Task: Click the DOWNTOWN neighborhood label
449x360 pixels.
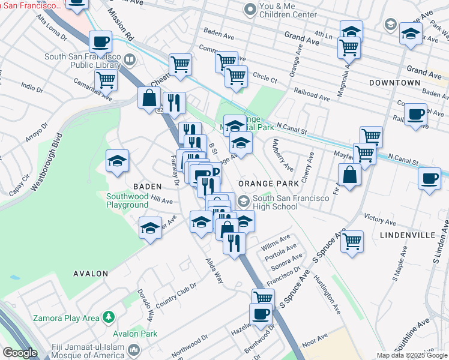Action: point(394,82)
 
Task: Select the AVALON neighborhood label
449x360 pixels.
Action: point(91,274)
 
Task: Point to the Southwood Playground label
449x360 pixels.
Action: point(127,200)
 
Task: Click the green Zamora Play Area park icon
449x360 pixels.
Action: point(109,316)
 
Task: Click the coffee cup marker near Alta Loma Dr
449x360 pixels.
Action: point(100,41)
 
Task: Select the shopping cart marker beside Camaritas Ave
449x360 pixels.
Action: point(106,79)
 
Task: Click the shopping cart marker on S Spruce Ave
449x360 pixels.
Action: point(352,241)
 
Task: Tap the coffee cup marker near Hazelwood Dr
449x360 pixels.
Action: point(261,314)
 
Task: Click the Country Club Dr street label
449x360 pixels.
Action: point(176,292)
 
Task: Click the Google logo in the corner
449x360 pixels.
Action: point(19,353)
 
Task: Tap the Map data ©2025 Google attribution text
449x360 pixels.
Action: point(411,355)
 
